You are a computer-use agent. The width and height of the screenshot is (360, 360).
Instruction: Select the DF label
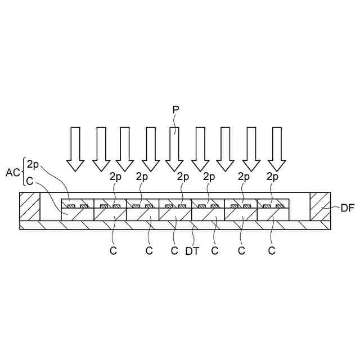347,208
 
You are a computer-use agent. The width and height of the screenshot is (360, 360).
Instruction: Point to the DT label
193,251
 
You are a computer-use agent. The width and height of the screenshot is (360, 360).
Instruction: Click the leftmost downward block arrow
75,148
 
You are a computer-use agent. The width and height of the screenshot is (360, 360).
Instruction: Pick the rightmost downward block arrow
276,148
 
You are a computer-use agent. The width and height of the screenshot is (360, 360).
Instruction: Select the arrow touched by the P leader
174,148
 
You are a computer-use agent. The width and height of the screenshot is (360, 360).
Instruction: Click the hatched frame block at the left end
29,206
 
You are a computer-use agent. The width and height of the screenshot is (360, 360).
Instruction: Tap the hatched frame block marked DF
320,206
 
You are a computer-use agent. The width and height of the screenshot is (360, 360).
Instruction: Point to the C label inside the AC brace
30,180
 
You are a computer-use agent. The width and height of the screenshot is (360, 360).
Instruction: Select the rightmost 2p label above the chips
272,177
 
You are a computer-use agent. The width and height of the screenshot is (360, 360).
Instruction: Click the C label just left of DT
174,251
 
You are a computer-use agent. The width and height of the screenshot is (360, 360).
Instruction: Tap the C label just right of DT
214,251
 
